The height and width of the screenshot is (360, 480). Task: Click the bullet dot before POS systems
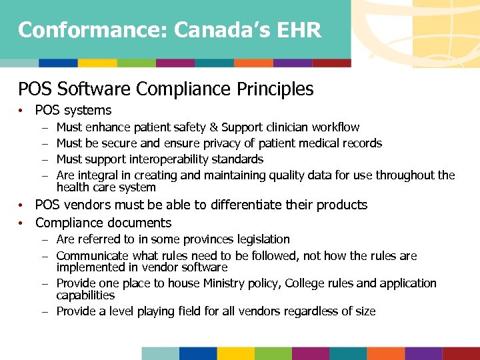click(22, 111)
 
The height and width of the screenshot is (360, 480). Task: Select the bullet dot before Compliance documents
click(22, 223)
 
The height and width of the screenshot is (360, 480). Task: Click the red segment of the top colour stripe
click(331, 63)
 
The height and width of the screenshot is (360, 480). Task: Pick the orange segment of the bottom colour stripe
click(385, 353)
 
